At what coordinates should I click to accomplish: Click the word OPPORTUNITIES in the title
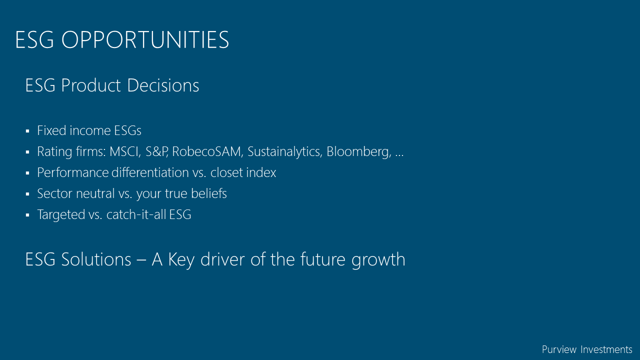tap(145, 39)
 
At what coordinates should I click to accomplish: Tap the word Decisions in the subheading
tap(163, 85)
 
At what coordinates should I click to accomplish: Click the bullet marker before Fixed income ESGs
tap(27, 131)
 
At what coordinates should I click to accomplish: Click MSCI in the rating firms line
tap(125, 151)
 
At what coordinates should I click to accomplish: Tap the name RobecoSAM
tap(207, 151)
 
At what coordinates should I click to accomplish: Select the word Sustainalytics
tap(285, 151)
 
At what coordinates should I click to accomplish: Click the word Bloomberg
tap(359, 151)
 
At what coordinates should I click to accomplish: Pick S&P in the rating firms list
tap(156, 151)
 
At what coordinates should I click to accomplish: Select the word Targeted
tap(61, 214)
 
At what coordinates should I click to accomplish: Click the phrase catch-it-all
tap(136, 214)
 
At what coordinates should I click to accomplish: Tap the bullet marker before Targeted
tap(27, 215)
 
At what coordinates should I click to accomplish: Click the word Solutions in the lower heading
tap(96, 259)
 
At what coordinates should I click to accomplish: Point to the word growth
tap(378, 259)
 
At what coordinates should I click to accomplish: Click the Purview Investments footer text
tap(587, 349)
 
